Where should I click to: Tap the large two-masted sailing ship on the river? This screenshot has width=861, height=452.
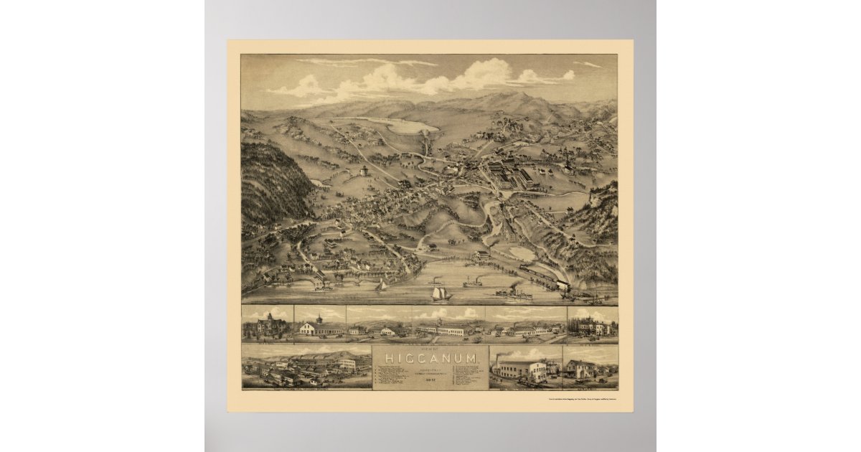[x=438, y=292]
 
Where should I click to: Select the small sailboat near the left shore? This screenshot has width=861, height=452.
[x=382, y=286]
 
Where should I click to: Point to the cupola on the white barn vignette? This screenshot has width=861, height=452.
[x=319, y=319]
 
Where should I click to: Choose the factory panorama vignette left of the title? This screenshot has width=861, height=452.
[x=306, y=367]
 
